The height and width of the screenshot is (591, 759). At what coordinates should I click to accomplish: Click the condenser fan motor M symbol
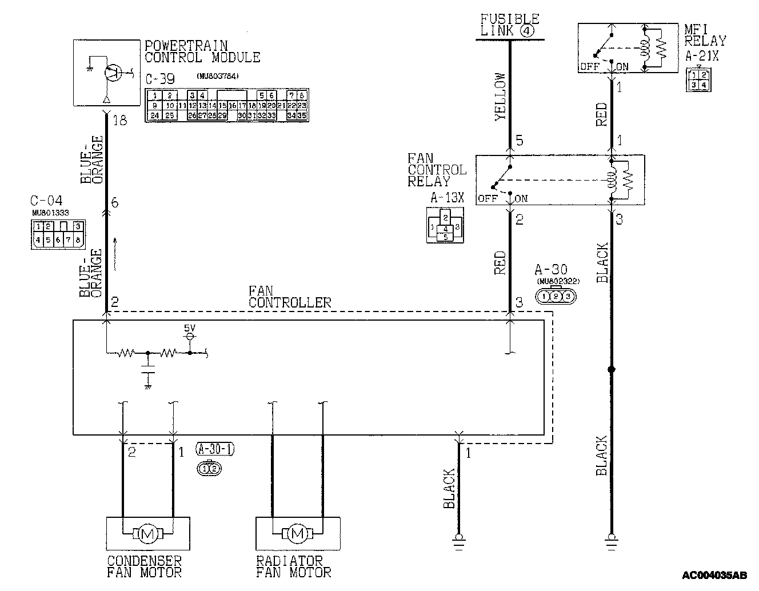coord(148,534)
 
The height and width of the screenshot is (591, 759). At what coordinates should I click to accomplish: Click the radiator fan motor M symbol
coord(297,534)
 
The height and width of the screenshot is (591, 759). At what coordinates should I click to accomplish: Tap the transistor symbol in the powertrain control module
coord(112,71)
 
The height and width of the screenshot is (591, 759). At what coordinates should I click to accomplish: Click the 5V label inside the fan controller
coord(189,329)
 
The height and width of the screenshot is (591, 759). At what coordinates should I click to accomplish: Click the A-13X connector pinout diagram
coord(445,225)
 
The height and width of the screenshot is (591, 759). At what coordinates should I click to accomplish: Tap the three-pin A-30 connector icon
coord(556,296)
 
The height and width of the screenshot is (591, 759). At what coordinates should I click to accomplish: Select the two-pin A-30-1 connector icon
coord(208,469)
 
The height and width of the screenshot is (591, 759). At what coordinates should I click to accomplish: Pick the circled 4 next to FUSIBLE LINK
coord(527,31)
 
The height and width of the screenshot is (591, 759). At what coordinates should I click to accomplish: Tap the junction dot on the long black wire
coord(611,370)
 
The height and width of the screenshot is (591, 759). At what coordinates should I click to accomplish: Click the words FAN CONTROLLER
coord(289,297)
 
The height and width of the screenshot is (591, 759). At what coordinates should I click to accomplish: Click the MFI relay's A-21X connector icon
coord(697,78)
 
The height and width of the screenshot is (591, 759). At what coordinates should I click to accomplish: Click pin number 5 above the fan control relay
coord(519,141)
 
